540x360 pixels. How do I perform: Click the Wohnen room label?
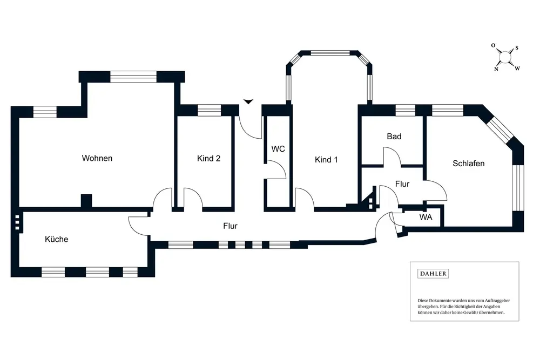coord(97,158)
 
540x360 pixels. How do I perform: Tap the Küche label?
coord(57,239)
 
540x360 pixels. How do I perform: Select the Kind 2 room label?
coord(208,158)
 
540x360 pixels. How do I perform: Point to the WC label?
coord(278,148)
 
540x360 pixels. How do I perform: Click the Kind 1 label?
coord(326,160)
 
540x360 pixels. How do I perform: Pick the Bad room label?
coord(394,137)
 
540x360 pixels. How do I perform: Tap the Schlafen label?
coord(468,164)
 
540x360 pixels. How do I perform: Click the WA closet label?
coord(426,217)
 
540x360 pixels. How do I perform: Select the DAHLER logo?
coord(433,274)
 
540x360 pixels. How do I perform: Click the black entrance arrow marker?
coord(248,101)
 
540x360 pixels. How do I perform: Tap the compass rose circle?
coord(505,57)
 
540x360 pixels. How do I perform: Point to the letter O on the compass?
coord(493,45)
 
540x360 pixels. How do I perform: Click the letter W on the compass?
coord(517,69)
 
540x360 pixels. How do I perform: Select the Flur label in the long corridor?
coord(230,226)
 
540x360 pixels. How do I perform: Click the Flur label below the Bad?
coord(402,184)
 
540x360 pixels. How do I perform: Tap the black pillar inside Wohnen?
coord(86,201)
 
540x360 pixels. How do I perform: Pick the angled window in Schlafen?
coord(501,128)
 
